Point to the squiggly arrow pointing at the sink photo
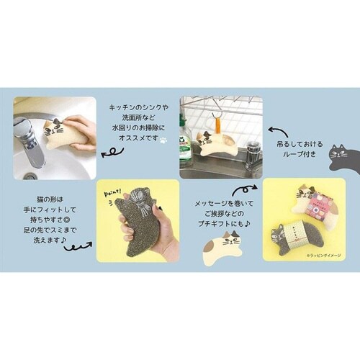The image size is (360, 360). pyautogui.click(x=112, y=153)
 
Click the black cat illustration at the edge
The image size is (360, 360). pyautogui.click(x=342, y=153)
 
